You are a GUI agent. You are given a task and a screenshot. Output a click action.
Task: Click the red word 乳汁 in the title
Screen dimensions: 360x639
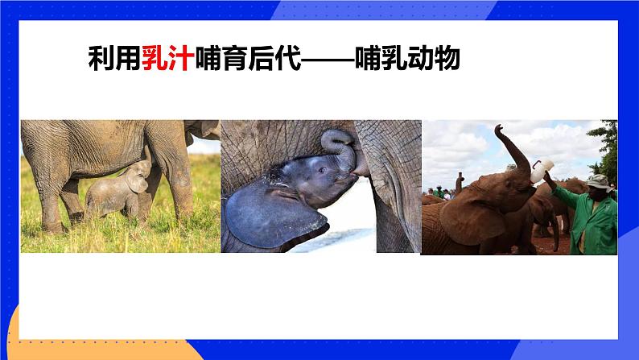(x=167, y=58)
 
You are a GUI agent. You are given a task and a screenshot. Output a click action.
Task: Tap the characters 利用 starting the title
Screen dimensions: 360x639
(x=114, y=58)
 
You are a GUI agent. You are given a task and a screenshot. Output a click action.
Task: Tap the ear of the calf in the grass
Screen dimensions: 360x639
(x=138, y=183)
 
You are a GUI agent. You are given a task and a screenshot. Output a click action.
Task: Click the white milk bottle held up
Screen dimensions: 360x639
(x=541, y=170)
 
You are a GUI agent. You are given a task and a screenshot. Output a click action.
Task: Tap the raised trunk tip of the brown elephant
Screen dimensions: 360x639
(x=499, y=129)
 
